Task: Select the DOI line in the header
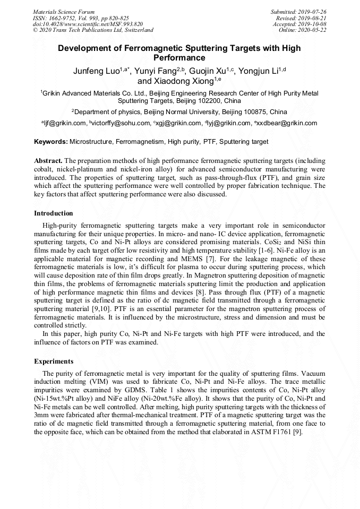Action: tap(88, 24)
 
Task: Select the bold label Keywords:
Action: tap(51, 142)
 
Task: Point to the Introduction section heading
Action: tap(54, 213)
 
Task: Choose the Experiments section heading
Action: tap(54, 361)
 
